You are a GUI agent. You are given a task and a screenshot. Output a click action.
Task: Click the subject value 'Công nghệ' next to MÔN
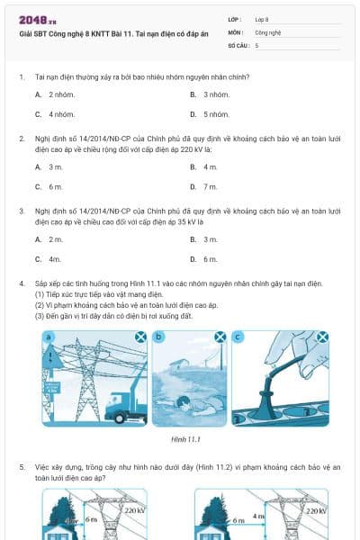tap(268, 31)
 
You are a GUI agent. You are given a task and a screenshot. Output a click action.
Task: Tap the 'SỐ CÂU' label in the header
tap(238, 44)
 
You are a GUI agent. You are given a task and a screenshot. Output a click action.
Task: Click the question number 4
tap(21, 283)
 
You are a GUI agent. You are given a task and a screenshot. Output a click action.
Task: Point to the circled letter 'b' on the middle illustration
tap(160, 337)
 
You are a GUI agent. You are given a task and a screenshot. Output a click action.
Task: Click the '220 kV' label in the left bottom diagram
tap(135, 510)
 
